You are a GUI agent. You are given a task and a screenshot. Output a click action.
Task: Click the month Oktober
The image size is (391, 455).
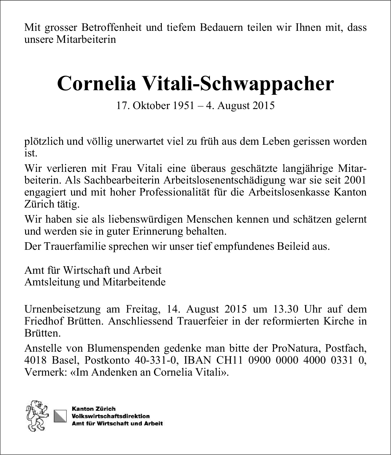(150, 106)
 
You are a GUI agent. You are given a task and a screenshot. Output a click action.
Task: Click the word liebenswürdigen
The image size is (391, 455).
(146, 219)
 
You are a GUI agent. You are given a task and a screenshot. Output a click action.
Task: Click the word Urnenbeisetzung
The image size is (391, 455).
(63, 309)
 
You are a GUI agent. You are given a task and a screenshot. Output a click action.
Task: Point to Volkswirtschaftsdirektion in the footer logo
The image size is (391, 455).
(111, 416)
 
